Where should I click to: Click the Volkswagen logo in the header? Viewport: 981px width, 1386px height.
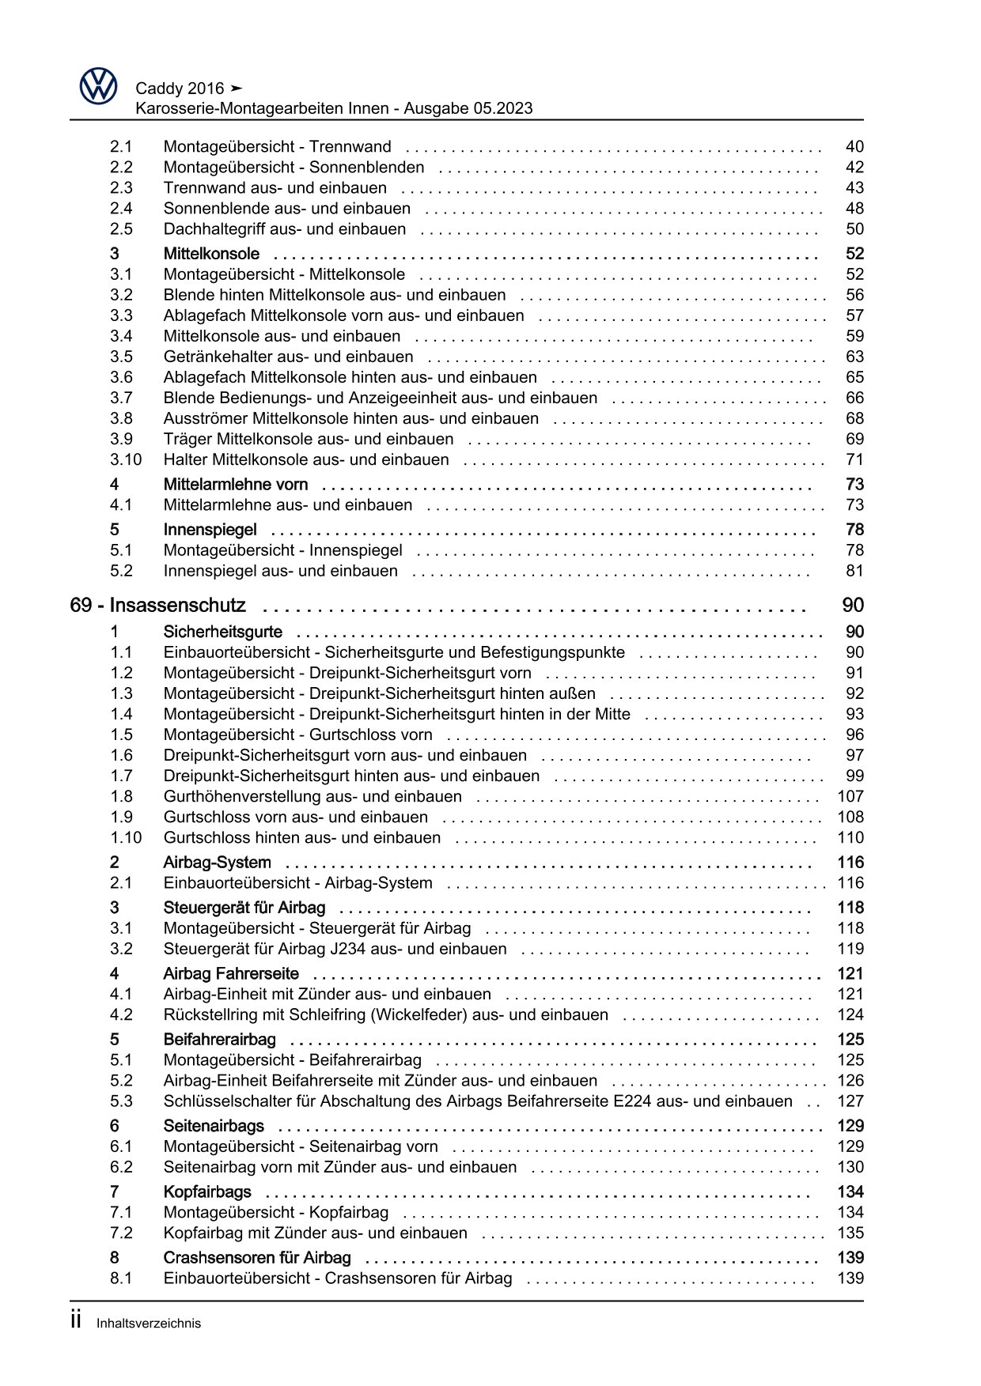(98, 85)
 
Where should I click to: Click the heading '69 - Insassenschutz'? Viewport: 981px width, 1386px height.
(157, 606)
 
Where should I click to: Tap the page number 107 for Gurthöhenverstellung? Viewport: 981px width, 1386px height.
(850, 796)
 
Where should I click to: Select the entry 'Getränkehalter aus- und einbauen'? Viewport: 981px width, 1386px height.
(288, 357)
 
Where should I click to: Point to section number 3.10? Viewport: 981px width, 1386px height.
(126, 459)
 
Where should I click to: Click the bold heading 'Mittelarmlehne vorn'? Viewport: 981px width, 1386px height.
(235, 485)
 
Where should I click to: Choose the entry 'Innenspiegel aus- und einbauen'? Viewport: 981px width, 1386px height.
(280, 571)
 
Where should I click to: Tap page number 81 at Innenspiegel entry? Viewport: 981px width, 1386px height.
(854, 571)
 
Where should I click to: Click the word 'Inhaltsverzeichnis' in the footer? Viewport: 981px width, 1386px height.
(149, 1324)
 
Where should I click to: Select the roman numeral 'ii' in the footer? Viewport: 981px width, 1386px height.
(76, 1320)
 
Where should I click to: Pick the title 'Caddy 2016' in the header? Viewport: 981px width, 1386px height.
(180, 89)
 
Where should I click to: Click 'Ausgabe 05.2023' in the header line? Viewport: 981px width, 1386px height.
(468, 108)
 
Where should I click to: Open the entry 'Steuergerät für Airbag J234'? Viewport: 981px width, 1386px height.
(335, 949)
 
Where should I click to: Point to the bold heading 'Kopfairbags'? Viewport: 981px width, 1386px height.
(206, 1192)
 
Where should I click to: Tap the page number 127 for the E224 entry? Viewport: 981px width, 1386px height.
(850, 1101)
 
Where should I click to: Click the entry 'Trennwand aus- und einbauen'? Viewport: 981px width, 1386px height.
(275, 188)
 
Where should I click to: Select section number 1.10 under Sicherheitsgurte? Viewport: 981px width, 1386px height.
(126, 837)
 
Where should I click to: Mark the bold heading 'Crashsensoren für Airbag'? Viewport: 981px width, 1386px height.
(256, 1257)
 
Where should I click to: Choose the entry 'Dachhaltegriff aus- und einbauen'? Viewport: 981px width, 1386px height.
(284, 229)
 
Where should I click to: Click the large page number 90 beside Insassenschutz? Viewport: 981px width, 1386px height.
(853, 606)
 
